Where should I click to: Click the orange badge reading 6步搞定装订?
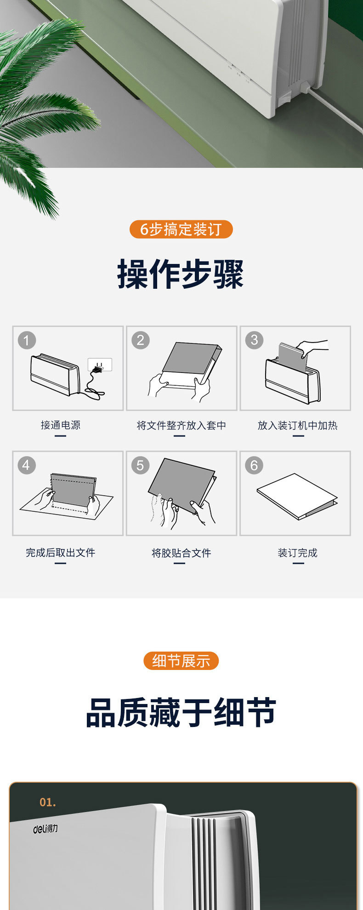(181, 229)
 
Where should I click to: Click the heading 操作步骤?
(181, 274)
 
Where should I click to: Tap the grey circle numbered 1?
(27, 340)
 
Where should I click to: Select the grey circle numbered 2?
(140, 340)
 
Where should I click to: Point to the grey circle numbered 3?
(254, 340)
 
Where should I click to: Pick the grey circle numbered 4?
(27, 465)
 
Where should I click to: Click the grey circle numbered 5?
(140, 465)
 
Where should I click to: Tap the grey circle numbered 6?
(254, 465)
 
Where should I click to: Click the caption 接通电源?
(61, 425)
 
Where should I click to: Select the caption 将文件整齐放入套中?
(181, 425)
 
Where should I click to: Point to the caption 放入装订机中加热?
(298, 425)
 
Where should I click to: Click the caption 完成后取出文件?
(61, 553)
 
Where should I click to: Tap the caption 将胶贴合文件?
(181, 553)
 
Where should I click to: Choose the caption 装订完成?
(298, 553)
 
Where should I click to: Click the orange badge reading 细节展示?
(181, 661)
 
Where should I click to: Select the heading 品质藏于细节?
(181, 712)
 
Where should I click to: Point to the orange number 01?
(48, 802)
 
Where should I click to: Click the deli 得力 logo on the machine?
(45, 829)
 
